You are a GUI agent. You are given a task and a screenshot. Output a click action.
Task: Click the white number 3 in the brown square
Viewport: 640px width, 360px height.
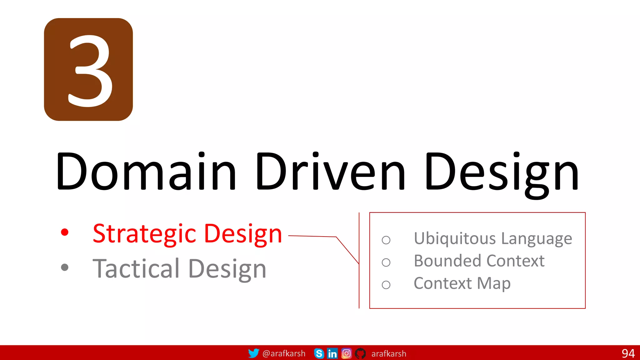90,71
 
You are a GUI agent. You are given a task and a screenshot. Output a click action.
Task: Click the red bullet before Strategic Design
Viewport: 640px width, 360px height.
65,232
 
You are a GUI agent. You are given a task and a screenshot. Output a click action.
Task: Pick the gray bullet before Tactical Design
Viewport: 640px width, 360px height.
65,267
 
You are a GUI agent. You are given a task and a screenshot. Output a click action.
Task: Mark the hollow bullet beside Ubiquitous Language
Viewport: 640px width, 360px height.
386,240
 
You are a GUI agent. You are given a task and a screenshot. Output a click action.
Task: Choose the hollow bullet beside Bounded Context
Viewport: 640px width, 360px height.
386,262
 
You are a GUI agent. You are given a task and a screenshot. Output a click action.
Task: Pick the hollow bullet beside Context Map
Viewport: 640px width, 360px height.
386,285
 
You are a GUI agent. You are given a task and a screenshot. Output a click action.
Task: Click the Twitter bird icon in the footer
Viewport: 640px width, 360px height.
253,353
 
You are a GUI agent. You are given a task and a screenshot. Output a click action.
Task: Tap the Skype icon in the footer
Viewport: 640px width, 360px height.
319,353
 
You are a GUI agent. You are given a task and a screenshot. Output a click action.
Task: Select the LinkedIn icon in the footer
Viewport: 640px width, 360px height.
332,353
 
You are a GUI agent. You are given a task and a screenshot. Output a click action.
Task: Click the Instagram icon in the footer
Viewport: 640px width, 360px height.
346,353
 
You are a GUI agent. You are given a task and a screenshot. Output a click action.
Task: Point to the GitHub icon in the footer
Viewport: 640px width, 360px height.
360,353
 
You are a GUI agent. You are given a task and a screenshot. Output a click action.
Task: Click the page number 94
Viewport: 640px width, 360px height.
628,353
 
